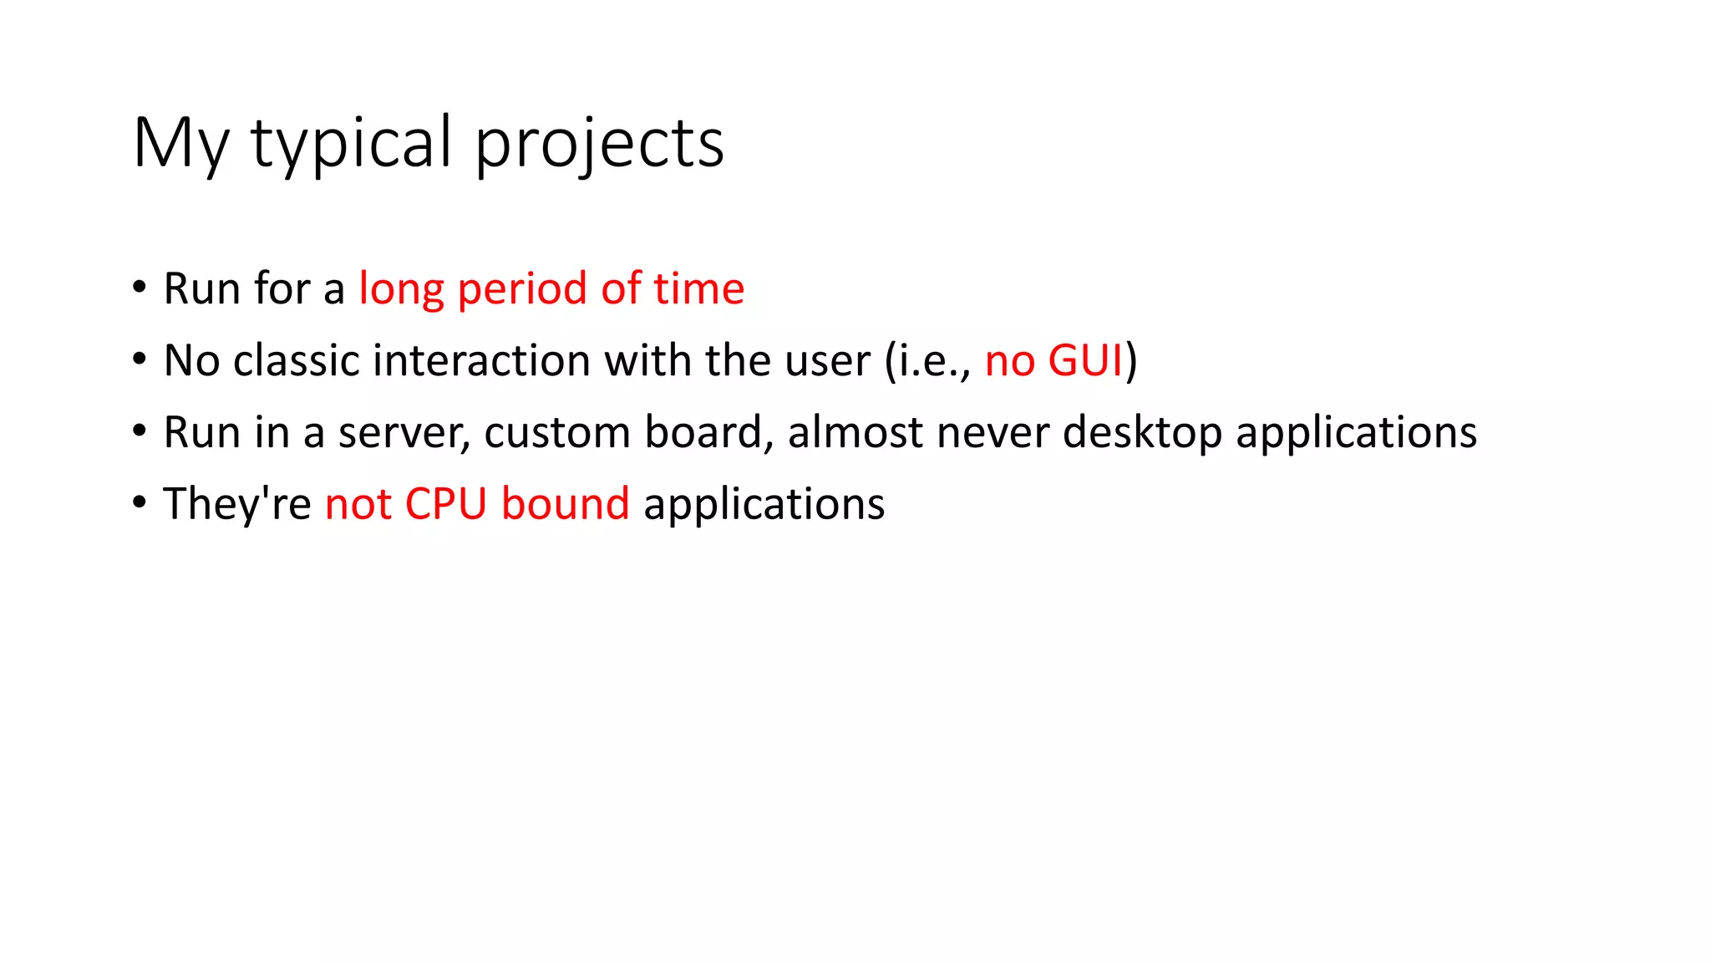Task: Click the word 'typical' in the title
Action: pos(352,144)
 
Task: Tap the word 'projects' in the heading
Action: pos(599,144)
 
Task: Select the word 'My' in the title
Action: pos(180,144)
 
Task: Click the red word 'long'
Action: pos(401,290)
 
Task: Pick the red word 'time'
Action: pos(698,288)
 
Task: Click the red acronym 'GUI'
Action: pos(1084,360)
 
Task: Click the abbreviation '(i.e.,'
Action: pos(928,362)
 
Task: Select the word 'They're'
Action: pos(236,504)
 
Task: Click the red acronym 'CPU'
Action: pos(445,504)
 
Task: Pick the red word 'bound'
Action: pos(565,504)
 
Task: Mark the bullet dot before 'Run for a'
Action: pos(140,288)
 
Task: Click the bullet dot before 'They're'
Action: pos(140,503)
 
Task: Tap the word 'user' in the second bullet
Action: pos(828,360)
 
